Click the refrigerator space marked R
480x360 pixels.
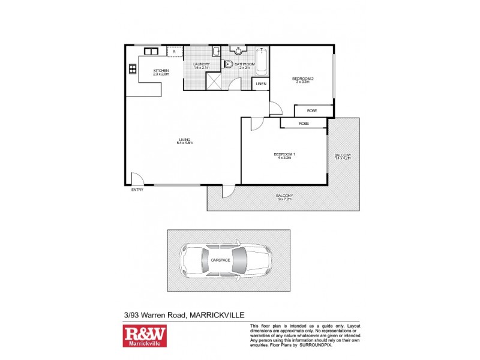click(x=175, y=52)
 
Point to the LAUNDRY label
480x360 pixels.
click(x=202, y=65)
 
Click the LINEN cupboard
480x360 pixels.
click(x=261, y=84)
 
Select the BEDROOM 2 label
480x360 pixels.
click(x=301, y=80)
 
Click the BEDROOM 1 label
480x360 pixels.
click(x=284, y=156)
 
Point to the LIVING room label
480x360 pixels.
click(x=184, y=141)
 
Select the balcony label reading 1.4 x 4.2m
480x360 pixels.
click(x=343, y=157)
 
